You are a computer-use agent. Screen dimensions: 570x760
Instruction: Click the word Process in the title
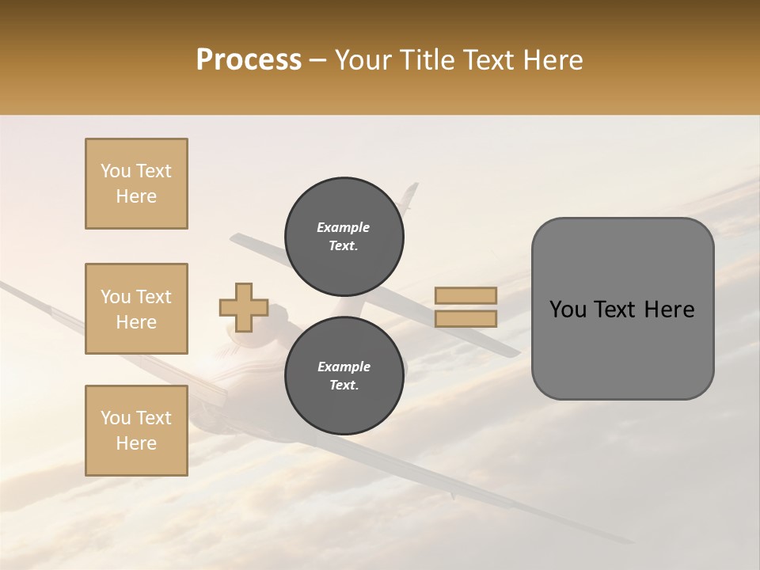(249, 60)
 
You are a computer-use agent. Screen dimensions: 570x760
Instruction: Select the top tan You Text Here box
(136, 184)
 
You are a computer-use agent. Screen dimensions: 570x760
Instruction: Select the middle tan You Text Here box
(136, 309)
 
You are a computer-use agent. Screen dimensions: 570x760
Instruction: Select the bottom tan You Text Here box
(136, 431)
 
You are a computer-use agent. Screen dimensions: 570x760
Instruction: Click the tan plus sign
(243, 307)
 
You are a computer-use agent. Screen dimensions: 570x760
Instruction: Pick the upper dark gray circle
(344, 236)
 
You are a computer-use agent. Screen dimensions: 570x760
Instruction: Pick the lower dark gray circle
(344, 375)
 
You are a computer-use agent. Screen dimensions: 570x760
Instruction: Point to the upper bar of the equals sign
(465, 295)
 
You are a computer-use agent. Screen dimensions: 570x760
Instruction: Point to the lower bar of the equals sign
(465, 318)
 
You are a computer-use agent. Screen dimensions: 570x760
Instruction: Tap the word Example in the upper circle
(344, 227)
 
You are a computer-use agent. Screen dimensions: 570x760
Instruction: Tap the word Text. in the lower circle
(344, 386)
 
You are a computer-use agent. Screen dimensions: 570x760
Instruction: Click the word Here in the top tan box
(136, 196)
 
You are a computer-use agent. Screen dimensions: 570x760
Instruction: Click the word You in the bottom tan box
(115, 418)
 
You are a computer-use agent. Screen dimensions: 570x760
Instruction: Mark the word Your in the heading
(363, 60)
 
